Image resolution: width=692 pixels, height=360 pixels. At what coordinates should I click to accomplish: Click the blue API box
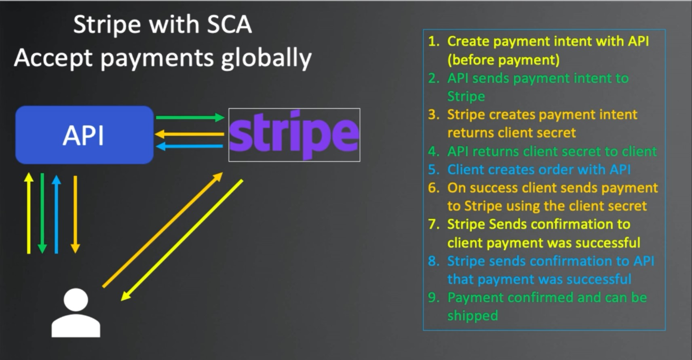84,135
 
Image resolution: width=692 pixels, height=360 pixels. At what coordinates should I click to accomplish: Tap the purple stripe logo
294,135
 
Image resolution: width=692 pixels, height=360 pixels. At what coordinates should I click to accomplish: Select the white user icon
76,312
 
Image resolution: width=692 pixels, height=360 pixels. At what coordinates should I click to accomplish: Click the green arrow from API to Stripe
190,117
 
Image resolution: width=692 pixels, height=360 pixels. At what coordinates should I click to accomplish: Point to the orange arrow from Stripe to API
189,134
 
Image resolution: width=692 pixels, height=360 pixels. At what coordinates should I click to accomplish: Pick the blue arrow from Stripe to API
190,146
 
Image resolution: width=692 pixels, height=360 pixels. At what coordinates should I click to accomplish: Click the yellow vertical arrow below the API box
29,213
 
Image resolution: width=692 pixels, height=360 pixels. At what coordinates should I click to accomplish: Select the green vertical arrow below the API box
42,213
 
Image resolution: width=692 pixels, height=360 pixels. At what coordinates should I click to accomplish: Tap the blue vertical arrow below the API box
56,214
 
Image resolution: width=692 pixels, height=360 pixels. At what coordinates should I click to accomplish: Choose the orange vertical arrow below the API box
75,215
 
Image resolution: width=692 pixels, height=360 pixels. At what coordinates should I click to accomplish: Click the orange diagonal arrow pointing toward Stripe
162,230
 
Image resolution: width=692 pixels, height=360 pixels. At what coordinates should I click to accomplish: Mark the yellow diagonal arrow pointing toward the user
182,240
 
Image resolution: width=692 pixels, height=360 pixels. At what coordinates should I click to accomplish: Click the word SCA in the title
229,24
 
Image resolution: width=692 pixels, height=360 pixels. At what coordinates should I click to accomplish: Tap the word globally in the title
266,58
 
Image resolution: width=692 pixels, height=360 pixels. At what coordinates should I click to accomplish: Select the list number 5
434,170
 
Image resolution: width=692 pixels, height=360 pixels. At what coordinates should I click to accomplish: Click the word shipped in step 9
473,316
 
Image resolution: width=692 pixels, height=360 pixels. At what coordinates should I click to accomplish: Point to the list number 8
434,261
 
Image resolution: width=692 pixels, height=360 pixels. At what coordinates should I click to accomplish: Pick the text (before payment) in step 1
504,59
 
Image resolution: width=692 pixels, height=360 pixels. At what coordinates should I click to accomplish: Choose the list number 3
434,115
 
